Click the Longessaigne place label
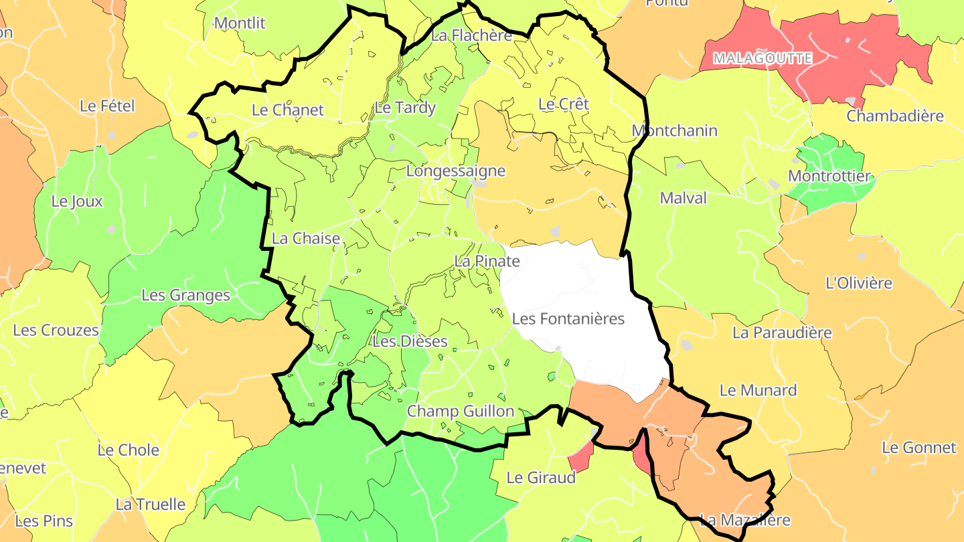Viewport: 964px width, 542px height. click(456, 171)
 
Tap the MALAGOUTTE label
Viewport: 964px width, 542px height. click(762, 58)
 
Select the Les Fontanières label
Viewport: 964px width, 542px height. click(568, 319)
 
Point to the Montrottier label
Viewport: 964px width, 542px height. click(829, 176)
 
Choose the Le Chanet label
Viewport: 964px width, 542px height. click(288, 110)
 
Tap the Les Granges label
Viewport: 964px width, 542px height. click(185, 295)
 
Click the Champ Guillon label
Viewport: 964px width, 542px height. click(461, 411)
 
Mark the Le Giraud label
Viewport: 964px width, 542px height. click(541, 478)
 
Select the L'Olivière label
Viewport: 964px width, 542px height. click(859, 282)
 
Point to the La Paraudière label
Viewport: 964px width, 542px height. click(782, 333)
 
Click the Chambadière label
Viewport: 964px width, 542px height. click(895, 116)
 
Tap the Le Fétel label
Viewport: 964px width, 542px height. click(107, 106)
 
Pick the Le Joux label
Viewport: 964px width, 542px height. click(78, 201)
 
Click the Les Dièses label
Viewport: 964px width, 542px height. click(410, 341)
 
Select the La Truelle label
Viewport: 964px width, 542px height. click(151, 504)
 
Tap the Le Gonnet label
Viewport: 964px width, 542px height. click(919, 448)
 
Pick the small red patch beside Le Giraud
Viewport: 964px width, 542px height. click(580, 458)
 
